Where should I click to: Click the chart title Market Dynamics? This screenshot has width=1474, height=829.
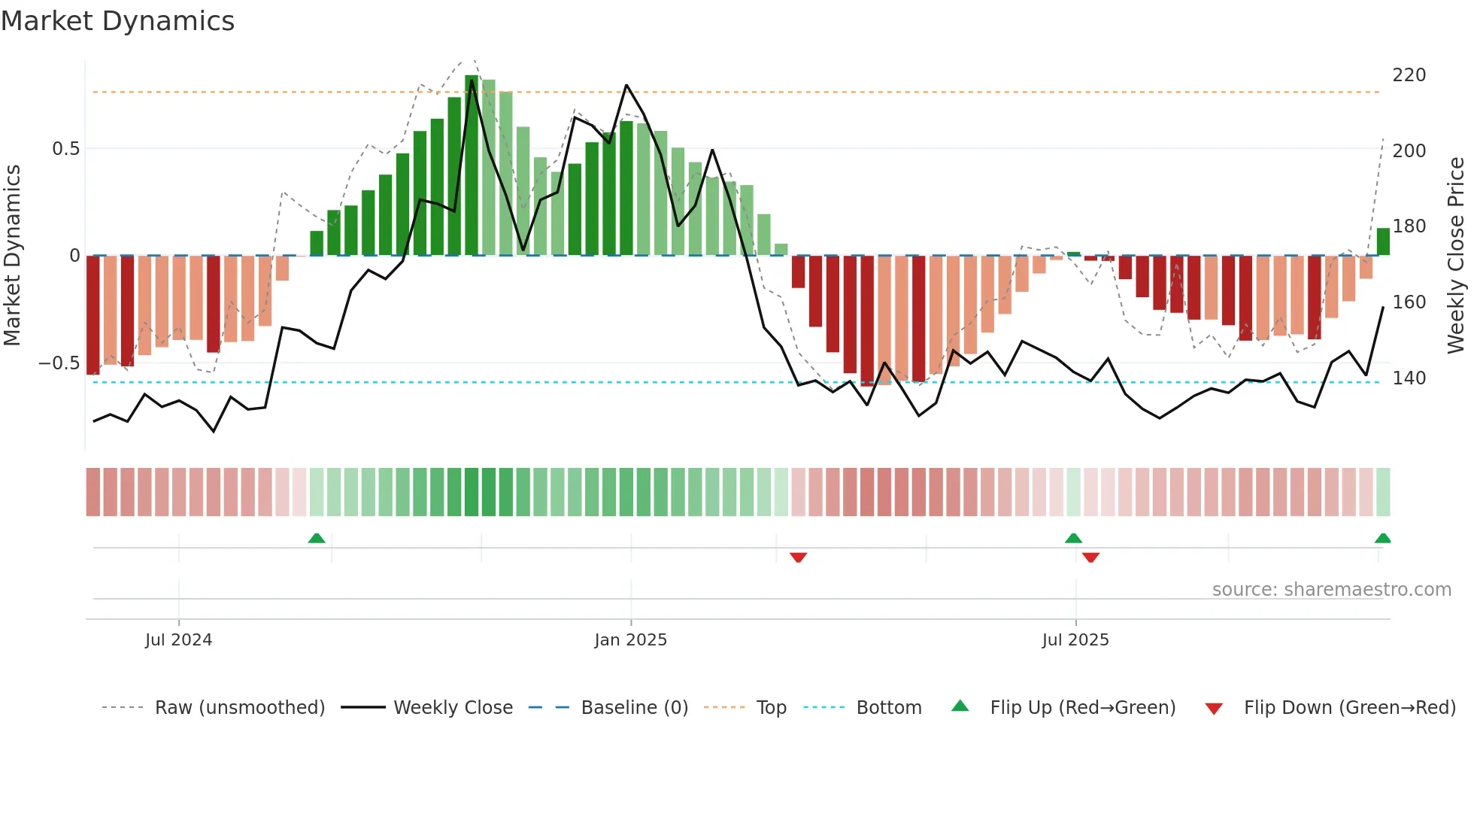tap(117, 21)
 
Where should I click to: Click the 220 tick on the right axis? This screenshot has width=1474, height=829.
tap(1409, 75)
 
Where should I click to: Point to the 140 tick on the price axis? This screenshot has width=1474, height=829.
tap(1409, 378)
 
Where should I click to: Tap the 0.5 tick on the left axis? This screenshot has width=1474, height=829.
tap(65, 149)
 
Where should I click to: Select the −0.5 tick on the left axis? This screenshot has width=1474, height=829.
tap(59, 363)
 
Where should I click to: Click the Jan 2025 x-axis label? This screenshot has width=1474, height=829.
tap(630, 640)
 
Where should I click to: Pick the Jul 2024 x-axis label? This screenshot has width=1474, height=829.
tap(178, 640)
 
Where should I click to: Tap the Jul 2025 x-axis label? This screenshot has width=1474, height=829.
tap(1075, 640)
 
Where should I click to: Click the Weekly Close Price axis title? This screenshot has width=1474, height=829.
tap(1456, 256)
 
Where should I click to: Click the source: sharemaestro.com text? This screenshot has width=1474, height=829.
tap(1331, 590)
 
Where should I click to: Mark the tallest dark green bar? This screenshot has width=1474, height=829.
tap(472, 165)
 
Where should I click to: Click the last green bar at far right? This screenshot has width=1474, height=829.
tap(1382, 241)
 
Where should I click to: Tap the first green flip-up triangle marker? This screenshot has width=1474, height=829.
tap(317, 538)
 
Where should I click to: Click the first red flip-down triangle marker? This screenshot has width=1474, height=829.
tap(798, 557)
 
